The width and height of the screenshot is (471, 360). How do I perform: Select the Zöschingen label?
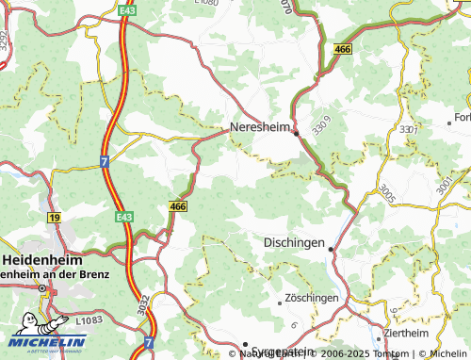[312, 298]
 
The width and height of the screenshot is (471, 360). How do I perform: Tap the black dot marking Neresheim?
[296, 134]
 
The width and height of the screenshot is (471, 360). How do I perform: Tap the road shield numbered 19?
[55, 218]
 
